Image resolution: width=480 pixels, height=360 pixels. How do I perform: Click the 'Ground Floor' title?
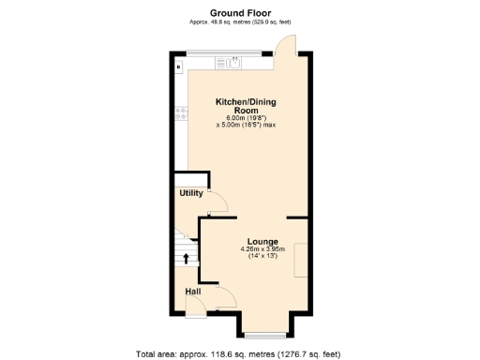click(x=240, y=13)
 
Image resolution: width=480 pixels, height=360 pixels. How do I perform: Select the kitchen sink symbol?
click(x=225, y=64)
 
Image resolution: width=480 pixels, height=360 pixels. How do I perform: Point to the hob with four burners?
click(x=177, y=115)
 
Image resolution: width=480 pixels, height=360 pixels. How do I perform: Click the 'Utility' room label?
click(x=190, y=194)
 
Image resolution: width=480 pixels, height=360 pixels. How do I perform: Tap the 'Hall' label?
click(x=192, y=292)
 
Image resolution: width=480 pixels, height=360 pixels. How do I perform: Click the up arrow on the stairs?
click(x=186, y=258)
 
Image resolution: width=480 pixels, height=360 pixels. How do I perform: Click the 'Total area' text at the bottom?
click(x=239, y=354)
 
